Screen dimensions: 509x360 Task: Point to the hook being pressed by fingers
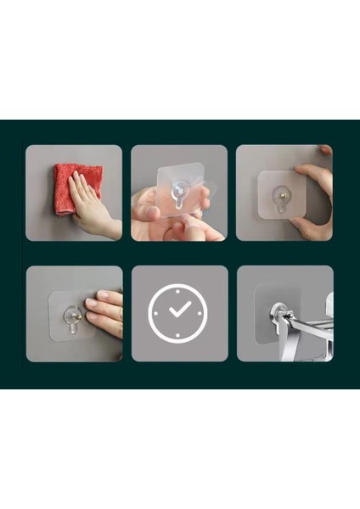(x=74, y=319)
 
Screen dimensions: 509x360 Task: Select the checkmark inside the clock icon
(x=179, y=310)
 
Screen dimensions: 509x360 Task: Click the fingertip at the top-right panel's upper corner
(x=326, y=150)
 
